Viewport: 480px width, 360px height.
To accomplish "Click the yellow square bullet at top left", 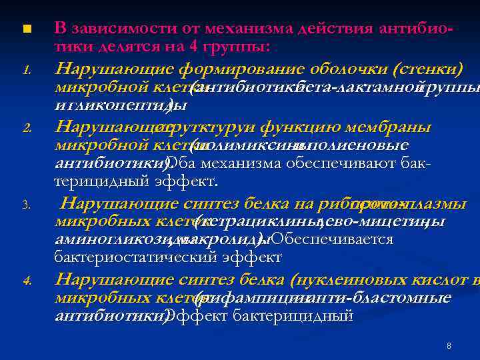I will point(26,29).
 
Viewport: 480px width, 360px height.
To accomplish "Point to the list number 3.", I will point(26,206).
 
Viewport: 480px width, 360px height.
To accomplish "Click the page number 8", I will point(449,345).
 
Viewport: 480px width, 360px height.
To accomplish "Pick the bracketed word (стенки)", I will point(428,69).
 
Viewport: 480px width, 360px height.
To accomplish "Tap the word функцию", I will point(294,127).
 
